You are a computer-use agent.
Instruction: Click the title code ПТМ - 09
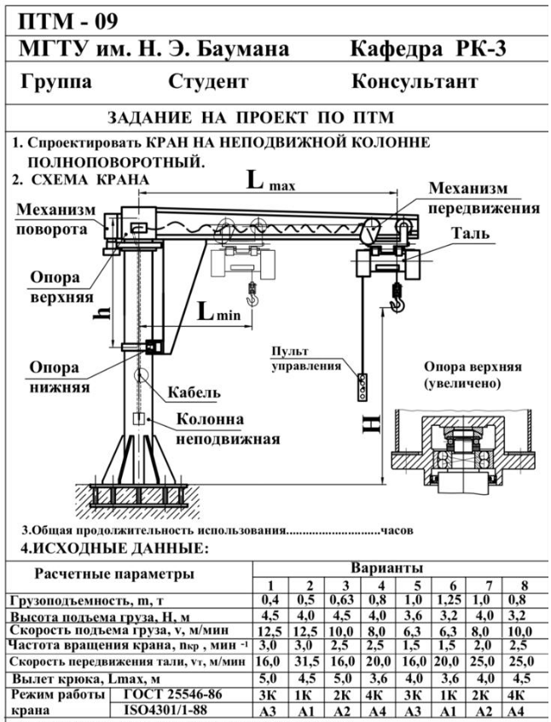tap(65, 18)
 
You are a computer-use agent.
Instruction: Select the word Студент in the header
tap(208, 83)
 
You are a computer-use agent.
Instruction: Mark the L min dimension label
tap(218, 312)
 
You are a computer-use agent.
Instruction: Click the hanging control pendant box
tap(364, 387)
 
